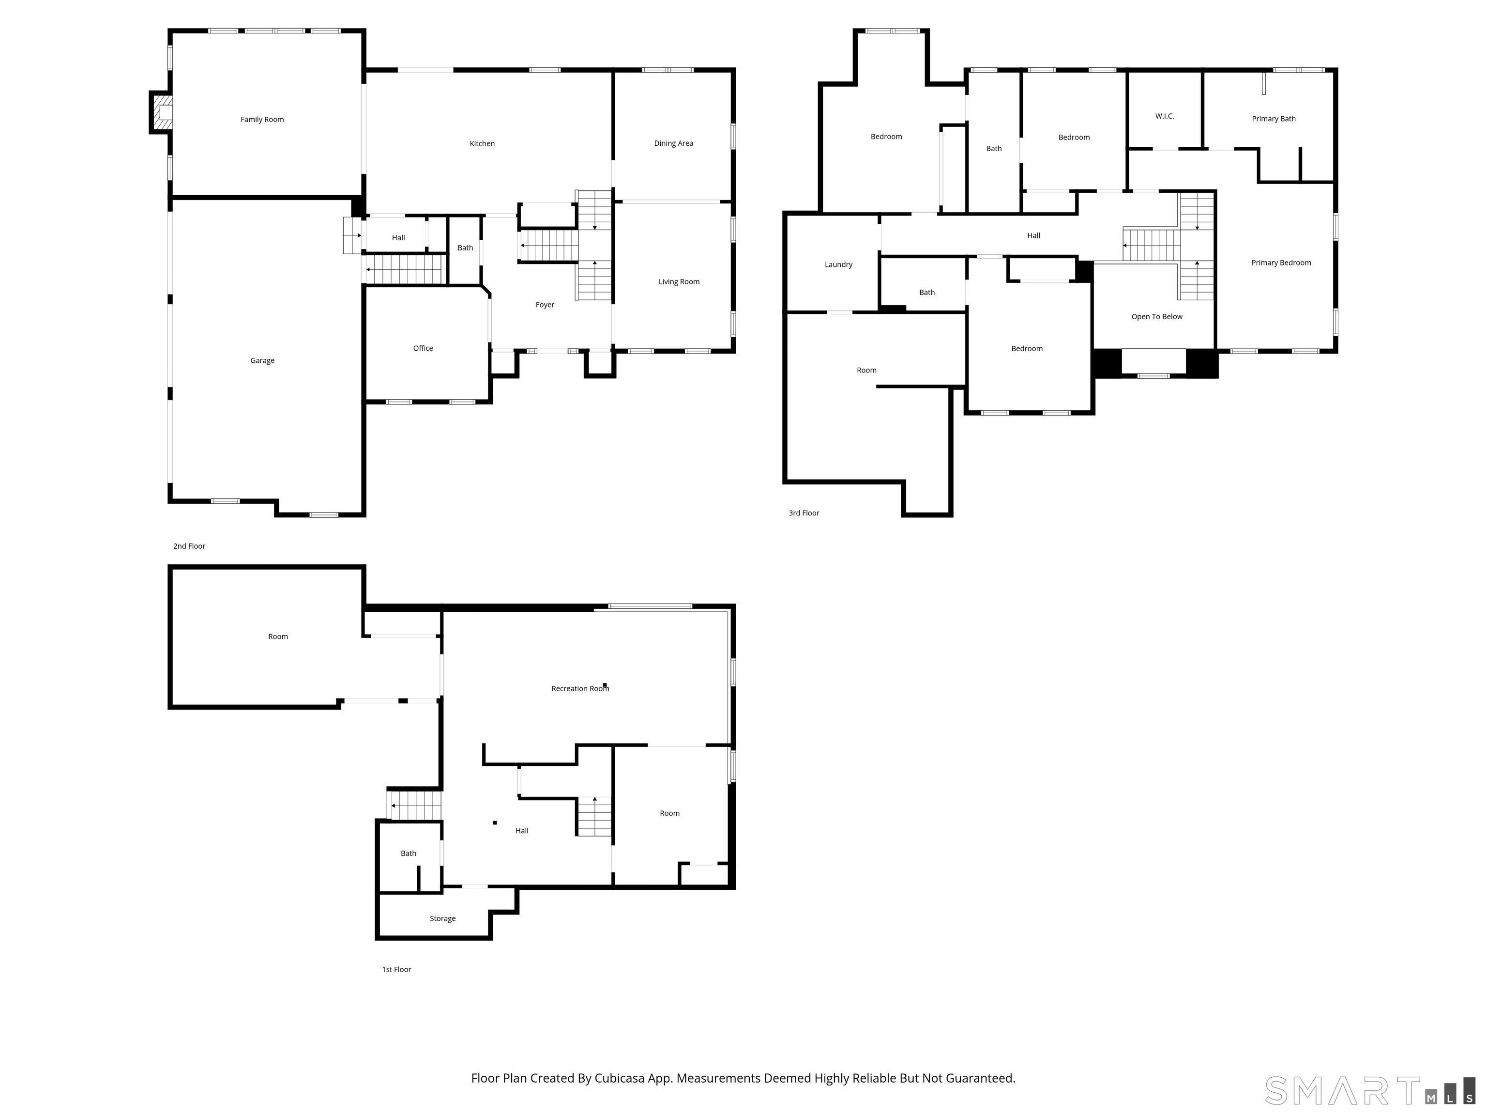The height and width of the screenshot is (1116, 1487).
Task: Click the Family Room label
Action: [262, 120]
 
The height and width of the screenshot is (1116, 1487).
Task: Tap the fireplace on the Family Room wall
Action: [161, 112]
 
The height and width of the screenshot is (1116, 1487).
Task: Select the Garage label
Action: [262, 360]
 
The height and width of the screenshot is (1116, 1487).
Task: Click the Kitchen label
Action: [482, 143]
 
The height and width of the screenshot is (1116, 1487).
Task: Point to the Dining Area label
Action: [674, 143]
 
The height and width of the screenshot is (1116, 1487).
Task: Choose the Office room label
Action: [423, 348]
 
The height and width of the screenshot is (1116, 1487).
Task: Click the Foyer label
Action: [545, 305]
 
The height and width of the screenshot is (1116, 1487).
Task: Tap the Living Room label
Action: [679, 282]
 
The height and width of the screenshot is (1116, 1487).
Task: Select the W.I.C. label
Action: [1164, 116]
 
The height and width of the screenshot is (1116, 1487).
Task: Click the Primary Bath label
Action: [1273, 119]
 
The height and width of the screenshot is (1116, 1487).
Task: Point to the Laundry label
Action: [838, 265]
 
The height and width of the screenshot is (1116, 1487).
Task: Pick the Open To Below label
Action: [1156, 317]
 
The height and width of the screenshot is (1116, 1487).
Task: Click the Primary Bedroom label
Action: [1281, 263]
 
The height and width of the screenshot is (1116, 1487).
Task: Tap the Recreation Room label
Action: [579, 689]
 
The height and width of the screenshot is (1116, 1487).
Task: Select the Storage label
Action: [442, 919]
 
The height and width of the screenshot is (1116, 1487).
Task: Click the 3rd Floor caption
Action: [804, 513]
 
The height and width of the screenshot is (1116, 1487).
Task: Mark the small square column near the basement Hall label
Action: [495, 822]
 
